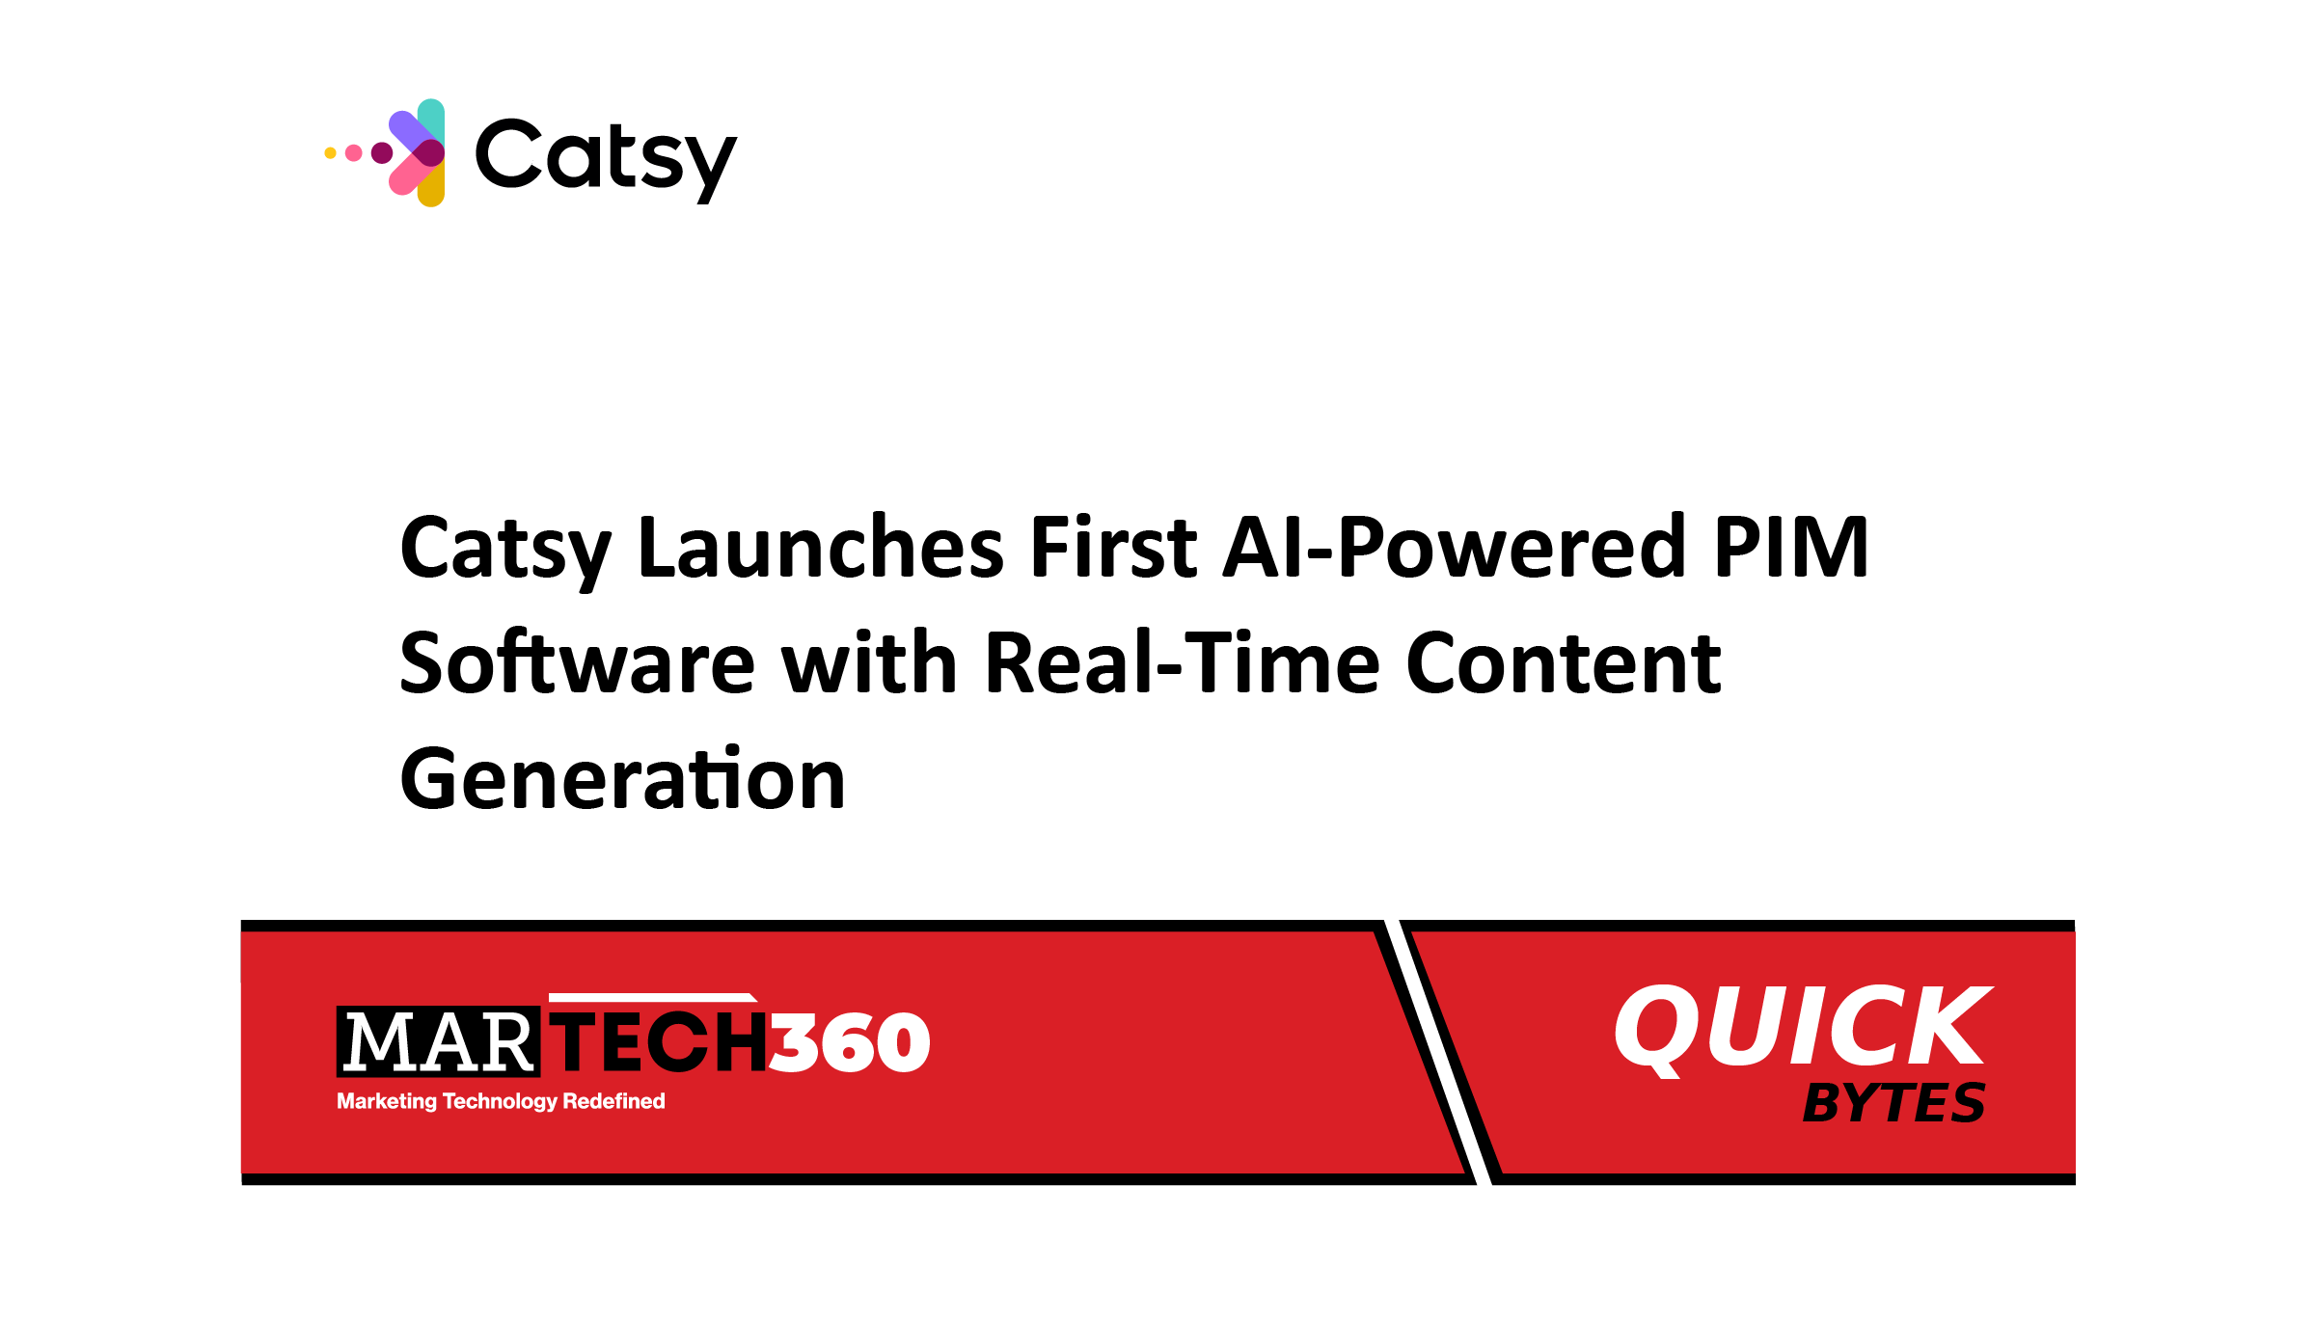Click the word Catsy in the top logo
pyautogui.click(x=606, y=156)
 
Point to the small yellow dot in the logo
pyautogui.click(x=330, y=152)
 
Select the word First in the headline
pyautogui.click(x=1113, y=548)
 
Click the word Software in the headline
pyautogui.click(x=577, y=663)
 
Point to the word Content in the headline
pyautogui.click(x=1563, y=663)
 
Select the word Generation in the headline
pyautogui.click(x=622, y=779)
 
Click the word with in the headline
pyautogui.click(x=869, y=663)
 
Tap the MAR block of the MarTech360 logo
pyautogui.click(x=439, y=1042)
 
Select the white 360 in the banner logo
pyautogui.click(x=849, y=1042)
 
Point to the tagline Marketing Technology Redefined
pyautogui.click(x=501, y=1101)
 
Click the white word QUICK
pyautogui.click(x=1802, y=1027)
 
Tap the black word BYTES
pyautogui.click(x=1893, y=1103)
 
